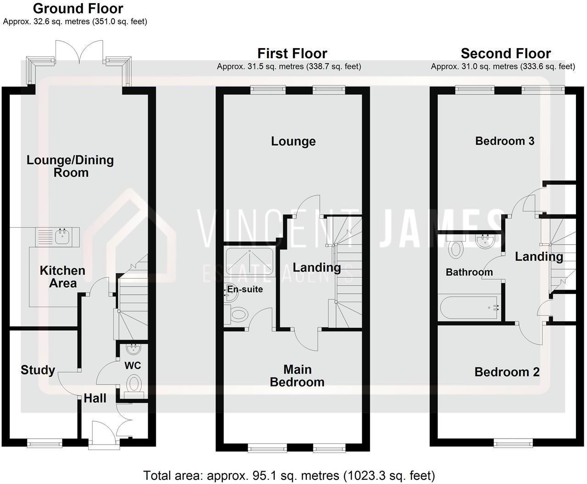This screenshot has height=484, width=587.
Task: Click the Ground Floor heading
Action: (78, 8)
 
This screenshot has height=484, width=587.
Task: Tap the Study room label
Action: (38, 370)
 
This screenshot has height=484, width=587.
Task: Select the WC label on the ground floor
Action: (133, 366)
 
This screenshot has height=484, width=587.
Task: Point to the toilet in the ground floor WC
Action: (134, 384)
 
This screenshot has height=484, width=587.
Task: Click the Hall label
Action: (95, 398)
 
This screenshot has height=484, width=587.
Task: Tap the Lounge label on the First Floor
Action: (293, 141)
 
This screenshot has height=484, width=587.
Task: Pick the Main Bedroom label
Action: (297, 376)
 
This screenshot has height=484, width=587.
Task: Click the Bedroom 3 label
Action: (504, 141)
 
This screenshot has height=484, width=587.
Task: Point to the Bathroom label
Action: (469, 272)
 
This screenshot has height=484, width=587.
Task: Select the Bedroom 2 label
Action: (507, 372)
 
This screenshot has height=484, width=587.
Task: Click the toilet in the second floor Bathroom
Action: (456, 249)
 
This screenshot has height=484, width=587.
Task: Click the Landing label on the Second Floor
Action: (539, 257)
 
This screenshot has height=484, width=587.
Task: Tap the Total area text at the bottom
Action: (289, 475)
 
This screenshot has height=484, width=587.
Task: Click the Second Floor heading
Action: (505, 53)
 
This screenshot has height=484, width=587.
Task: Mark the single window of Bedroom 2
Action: (513, 442)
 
